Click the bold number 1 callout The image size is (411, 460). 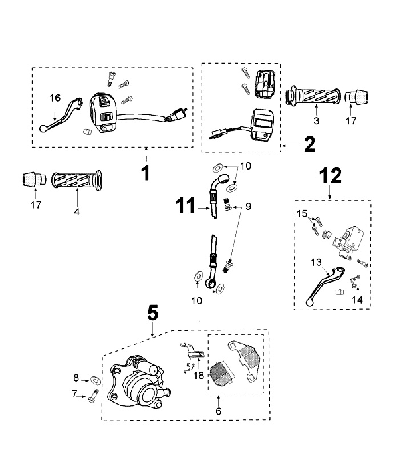[x=146, y=173]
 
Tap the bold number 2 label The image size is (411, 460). [x=309, y=144]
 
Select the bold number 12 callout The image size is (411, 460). [x=331, y=175]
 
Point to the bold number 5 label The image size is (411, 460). [x=152, y=313]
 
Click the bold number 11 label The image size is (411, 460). [x=186, y=205]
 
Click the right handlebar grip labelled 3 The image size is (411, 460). [x=313, y=96]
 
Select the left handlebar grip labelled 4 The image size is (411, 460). [x=77, y=180]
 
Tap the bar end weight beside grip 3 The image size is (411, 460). [x=356, y=97]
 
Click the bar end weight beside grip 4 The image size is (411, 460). [x=35, y=179]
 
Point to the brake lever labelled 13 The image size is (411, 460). [x=325, y=285]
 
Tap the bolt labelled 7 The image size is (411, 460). [x=93, y=396]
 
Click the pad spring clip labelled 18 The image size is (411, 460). [x=191, y=358]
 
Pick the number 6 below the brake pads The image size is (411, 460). [x=219, y=411]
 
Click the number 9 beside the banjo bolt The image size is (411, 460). [x=248, y=207]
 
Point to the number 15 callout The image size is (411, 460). [x=301, y=213]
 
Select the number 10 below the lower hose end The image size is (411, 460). [x=196, y=301]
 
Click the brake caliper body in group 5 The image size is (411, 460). [x=139, y=381]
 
